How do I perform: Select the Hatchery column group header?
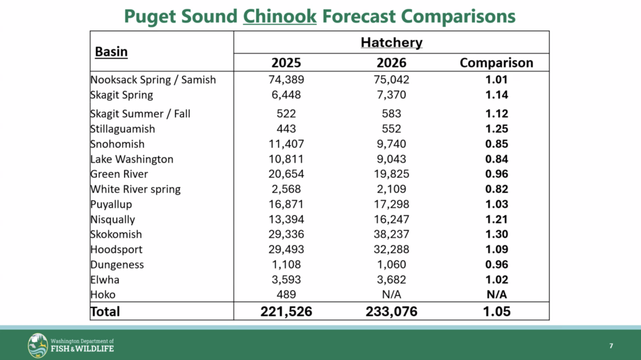click(391, 43)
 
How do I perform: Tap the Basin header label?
click(111, 51)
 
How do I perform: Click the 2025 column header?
click(286, 63)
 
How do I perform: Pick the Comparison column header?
click(496, 63)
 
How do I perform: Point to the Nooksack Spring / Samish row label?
click(153, 80)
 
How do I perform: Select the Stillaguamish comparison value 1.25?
click(496, 129)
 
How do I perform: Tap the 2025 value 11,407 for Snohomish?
click(286, 144)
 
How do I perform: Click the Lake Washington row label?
click(131, 159)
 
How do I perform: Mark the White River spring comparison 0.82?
click(496, 189)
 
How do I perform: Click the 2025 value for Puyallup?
click(286, 204)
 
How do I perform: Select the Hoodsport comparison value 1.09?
click(496, 249)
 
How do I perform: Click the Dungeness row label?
click(117, 264)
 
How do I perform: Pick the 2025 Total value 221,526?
click(286, 311)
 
